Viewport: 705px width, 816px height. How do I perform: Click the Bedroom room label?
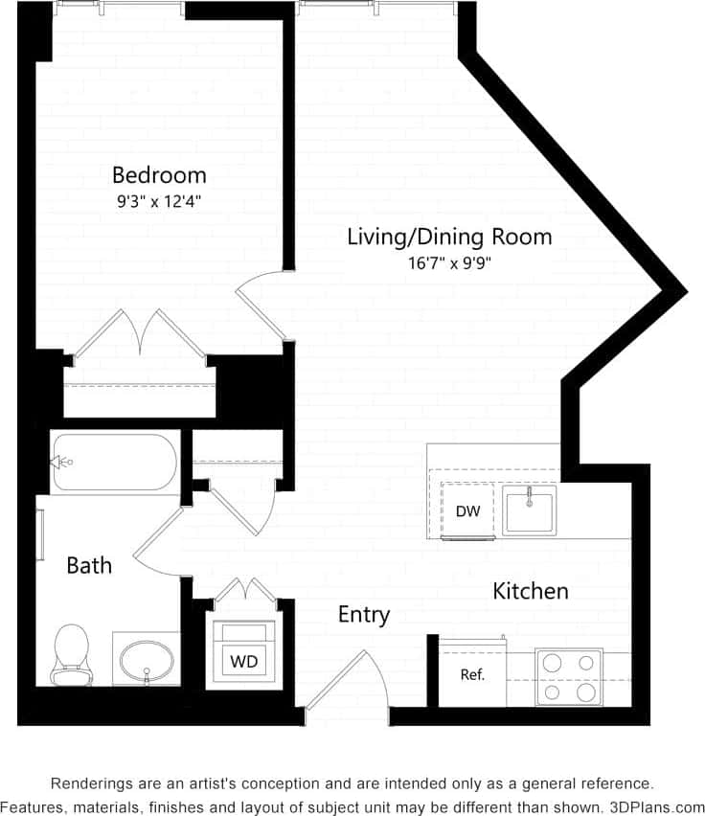pyautogui.click(x=159, y=175)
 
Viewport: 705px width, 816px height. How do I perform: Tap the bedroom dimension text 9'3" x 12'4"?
pyautogui.click(x=159, y=201)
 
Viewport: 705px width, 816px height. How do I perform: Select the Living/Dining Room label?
pyautogui.click(x=449, y=237)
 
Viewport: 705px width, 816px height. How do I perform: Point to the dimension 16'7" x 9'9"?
pyautogui.click(x=449, y=261)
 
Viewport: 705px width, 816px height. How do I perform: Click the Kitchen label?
pyautogui.click(x=531, y=591)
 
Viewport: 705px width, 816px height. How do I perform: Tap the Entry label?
pyautogui.click(x=364, y=615)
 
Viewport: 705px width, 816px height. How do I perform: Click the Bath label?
pyautogui.click(x=89, y=566)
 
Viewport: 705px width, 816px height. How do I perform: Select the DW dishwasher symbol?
pyautogui.click(x=467, y=511)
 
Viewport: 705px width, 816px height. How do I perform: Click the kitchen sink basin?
pyautogui.click(x=530, y=510)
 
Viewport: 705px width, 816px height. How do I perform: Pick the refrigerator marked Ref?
pyautogui.click(x=472, y=674)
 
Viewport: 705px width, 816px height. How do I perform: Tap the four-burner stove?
pyautogui.click(x=569, y=677)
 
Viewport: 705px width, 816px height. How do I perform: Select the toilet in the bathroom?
pyautogui.click(x=70, y=654)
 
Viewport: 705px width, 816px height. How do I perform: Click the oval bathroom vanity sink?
pyautogui.click(x=147, y=659)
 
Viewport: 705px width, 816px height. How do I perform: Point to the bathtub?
pyautogui.click(x=115, y=462)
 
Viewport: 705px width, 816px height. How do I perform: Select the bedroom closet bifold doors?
pyautogui.click(x=141, y=335)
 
